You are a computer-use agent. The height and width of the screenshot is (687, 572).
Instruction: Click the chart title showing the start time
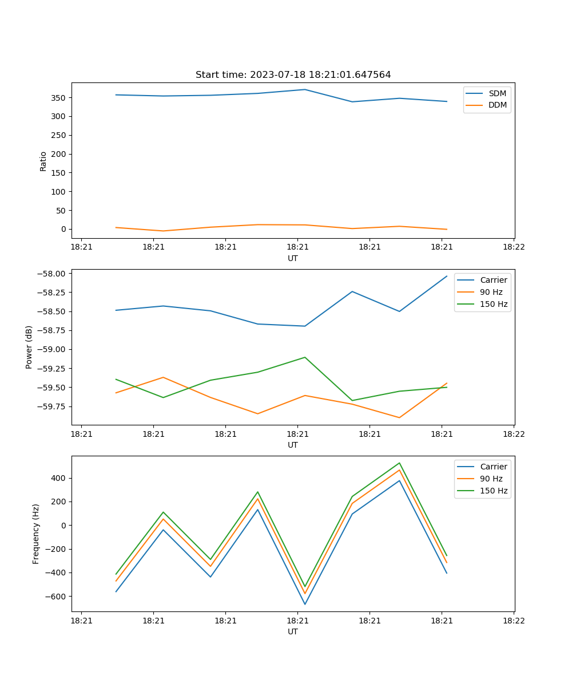point(293,75)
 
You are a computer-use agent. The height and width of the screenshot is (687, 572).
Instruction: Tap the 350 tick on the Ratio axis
point(58,98)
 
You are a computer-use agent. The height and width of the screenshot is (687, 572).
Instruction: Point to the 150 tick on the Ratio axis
point(58,173)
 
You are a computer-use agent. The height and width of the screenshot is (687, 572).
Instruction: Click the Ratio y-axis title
point(43,161)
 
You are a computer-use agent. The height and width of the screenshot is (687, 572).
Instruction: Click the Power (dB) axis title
point(29,347)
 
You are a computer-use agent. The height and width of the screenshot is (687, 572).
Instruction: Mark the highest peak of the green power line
point(305,357)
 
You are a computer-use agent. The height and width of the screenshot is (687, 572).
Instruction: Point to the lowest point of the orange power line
point(399,417)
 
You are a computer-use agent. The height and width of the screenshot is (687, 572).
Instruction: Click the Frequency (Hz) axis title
point(36,534)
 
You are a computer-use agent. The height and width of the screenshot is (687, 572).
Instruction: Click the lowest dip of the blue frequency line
point(305,604)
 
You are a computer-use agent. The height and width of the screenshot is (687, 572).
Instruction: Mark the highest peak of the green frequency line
point(399,463)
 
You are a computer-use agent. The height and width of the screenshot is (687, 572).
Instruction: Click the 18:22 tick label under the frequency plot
point(514,620)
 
